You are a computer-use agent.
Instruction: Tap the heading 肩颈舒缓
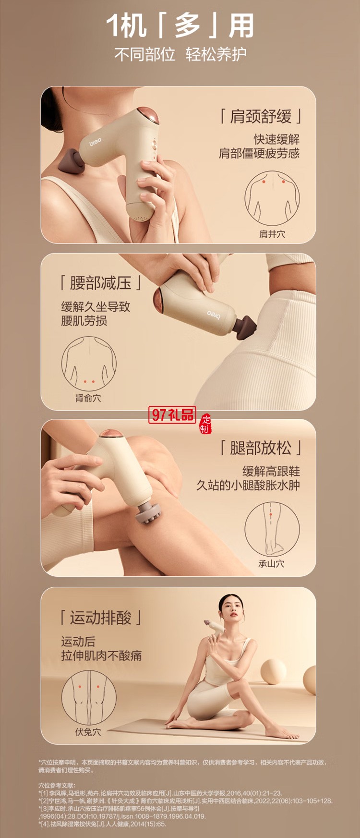261,116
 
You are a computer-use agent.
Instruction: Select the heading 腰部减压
101,283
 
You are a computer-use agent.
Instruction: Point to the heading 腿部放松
261,448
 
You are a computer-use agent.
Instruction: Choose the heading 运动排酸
101,618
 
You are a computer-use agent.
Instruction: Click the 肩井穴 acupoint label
272,234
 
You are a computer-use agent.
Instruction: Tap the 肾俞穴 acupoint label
88,398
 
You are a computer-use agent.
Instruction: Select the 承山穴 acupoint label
272,564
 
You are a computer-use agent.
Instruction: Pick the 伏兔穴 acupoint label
88,732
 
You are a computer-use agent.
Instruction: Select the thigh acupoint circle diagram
89,698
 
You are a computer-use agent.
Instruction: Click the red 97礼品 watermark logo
172,414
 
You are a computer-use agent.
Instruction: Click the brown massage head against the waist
246,327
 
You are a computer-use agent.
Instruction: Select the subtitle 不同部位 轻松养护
180,54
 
